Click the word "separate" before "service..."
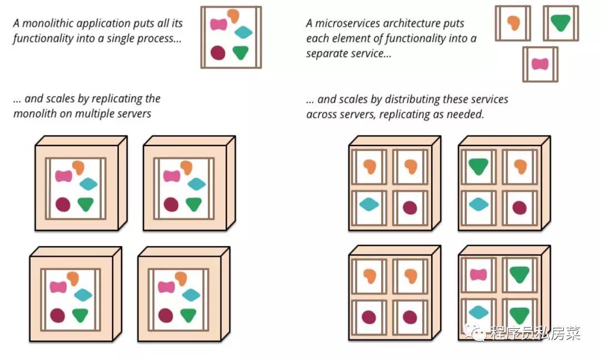point(327,54)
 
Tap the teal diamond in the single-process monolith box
point(243,32)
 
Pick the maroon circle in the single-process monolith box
point(218,53)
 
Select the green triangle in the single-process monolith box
point(241,52)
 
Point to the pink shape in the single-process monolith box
point(219,24)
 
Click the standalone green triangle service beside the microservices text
point(561,23)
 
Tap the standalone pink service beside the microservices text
point(540,64)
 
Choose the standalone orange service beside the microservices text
point(513,23)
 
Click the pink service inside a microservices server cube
point(478,274)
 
